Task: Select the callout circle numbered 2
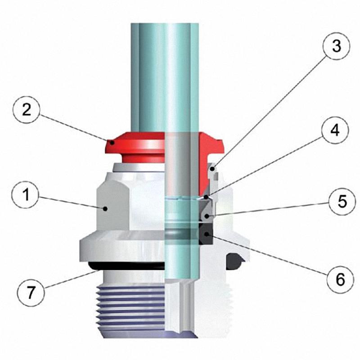tap(27, 110)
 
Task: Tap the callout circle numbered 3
tap(336, 46)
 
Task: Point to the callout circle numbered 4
tap(335, 130)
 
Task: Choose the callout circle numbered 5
tap(342, 202)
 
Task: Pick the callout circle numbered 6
tap(341, 279)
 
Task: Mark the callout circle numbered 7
tap(31, 293)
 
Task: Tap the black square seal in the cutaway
tap(206, 234)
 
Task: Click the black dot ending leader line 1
tap(105, 209)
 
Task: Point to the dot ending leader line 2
tap(112, 143)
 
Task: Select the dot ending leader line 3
tap(213, 169)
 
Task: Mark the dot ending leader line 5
tap(207, 216)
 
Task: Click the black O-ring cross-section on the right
tap(234, 261)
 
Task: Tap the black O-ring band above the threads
tap(126, 266)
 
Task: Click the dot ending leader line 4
tap(207, 197)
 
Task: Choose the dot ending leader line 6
tap(207, 234)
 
